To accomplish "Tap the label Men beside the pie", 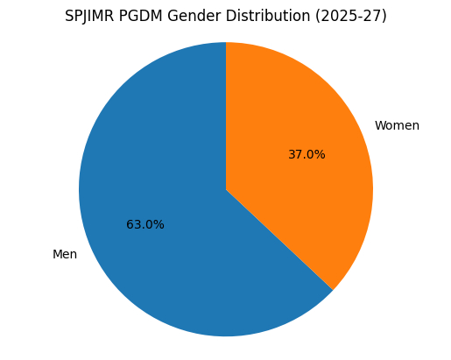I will pos(65,255).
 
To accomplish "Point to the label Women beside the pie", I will pos(397,126).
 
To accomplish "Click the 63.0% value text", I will pos(145,225).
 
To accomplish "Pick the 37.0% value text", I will pos(307,155).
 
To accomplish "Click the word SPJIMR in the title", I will pos(91,17).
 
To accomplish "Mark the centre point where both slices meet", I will pos(226,189).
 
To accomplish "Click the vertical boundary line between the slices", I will pos(226,114).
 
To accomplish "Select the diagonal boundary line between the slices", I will pos(280,240).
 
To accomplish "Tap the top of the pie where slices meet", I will pos(226,43).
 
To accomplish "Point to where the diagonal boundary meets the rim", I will pos(333,290).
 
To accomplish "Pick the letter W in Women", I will pos(380,126).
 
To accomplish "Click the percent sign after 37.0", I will pos(321,155).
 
